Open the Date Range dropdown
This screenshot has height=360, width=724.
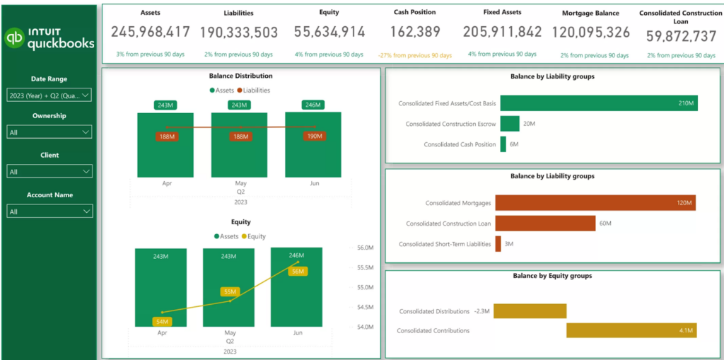click(x=49, y=95)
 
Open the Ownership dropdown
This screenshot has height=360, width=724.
click(x=49, y=132)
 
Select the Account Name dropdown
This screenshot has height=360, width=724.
click(x=49, y=211)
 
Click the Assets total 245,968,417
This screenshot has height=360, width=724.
click(x=151, y=32)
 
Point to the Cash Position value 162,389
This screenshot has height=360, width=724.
click(x=415, y=32)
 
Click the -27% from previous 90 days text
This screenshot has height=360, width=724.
click(x=414, y=54)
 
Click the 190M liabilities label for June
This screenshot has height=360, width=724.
click(x=313, y=136)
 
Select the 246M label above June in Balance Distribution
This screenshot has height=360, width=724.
click(x=313, y=105)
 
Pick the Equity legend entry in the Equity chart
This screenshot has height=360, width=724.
click(x=253, y=236)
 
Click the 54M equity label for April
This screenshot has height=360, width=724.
click(x=162, y=321)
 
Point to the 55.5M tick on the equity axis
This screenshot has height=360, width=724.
click(x=366, y=267)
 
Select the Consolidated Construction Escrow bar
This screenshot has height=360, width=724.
click(x=510, y=124)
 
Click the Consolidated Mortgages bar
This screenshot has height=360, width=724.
click(x=595, y=203)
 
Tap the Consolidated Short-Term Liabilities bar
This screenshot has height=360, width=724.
click(x=498, y=244)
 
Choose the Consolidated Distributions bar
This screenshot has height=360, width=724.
click(x=530, y=311)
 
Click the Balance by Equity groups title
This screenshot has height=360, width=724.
click(x=552, y=276)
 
